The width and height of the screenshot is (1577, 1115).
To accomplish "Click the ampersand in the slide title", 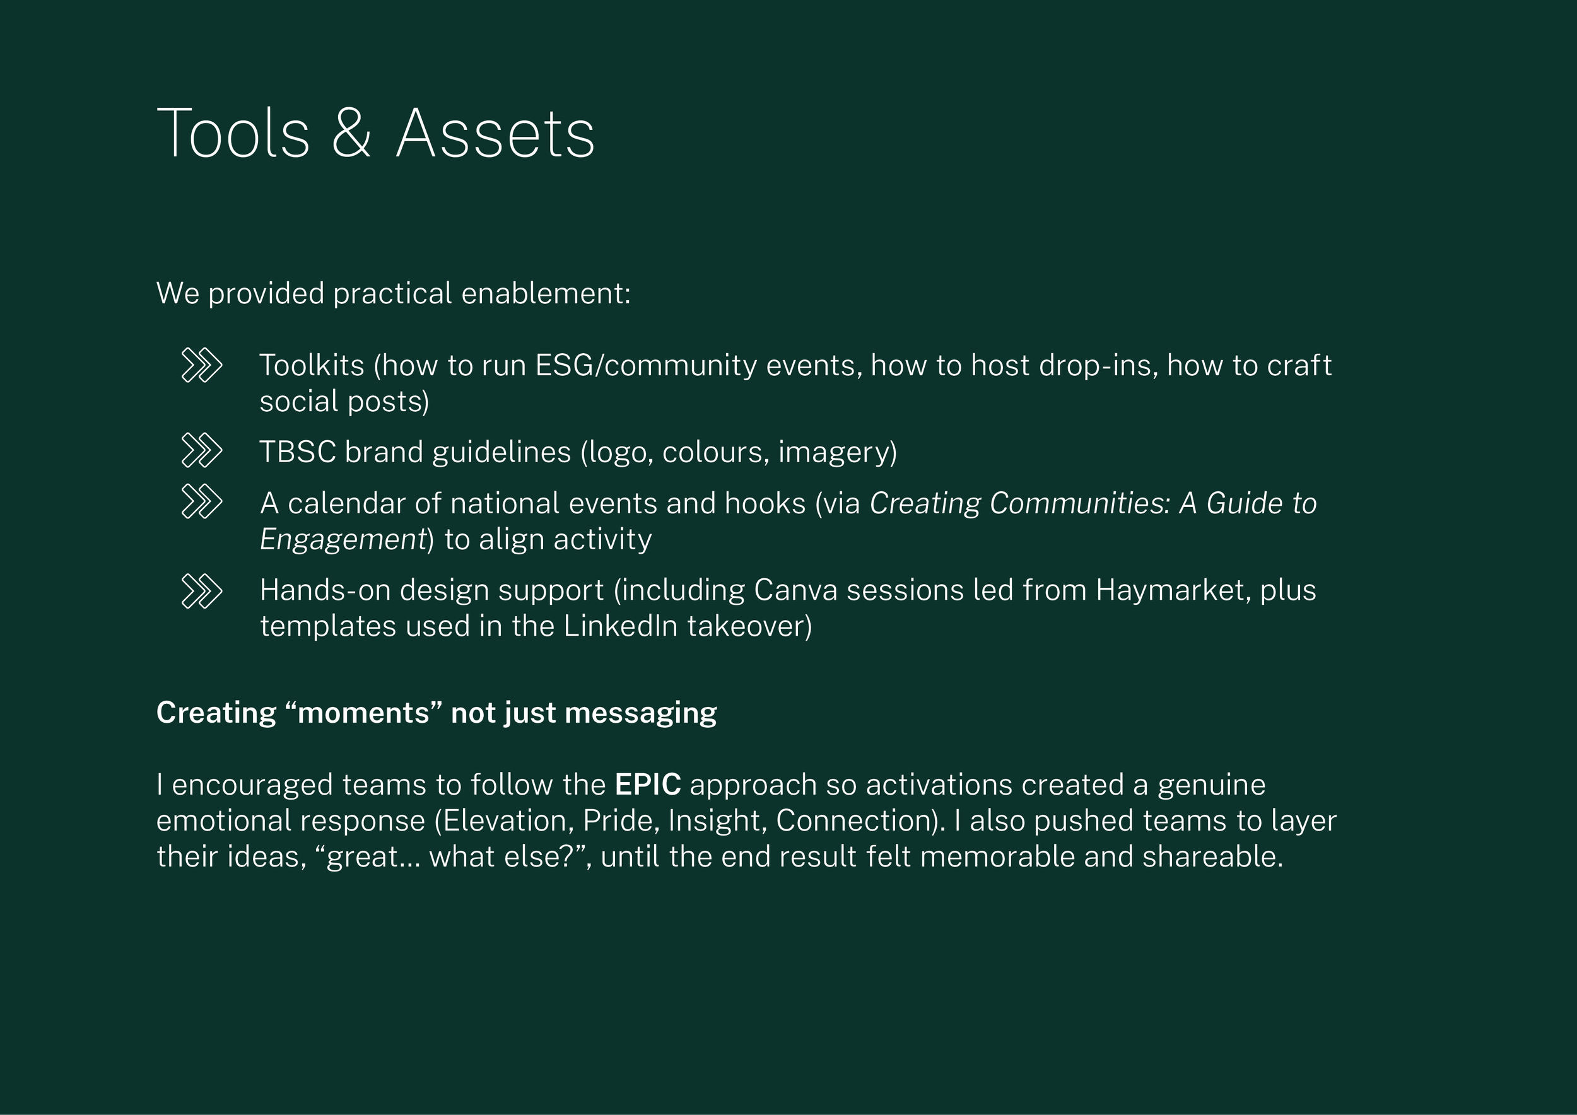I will (351, 134).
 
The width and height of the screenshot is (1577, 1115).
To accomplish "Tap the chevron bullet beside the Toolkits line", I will (201, 365).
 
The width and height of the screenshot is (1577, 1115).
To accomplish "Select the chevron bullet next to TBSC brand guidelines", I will (201, 451).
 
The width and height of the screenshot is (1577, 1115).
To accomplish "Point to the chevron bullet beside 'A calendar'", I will (201, 502).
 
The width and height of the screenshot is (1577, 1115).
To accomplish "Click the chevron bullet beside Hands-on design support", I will (201, 592).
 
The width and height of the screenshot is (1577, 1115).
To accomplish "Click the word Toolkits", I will (311, 365).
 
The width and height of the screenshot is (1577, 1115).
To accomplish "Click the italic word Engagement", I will (343, 540).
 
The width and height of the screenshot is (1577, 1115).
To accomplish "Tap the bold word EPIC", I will (648, 785).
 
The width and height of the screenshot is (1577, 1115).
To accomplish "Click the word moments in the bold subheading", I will (363, 713).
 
